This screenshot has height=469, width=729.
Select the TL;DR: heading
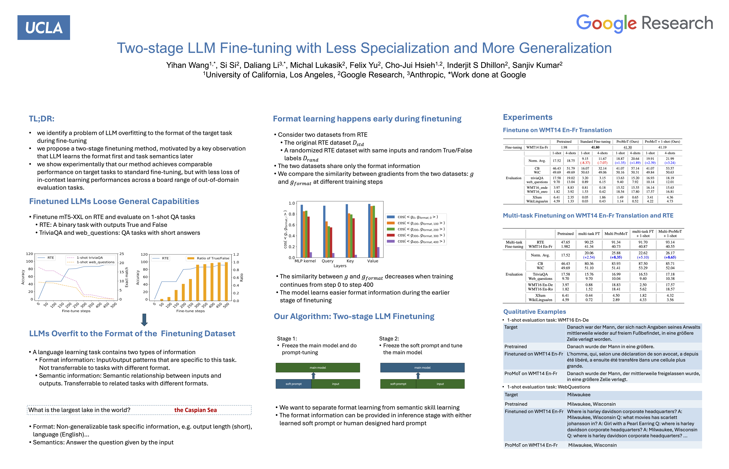click(42, 119)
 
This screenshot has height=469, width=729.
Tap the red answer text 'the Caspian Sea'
click(195, 410)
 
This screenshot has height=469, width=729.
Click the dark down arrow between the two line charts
click(144, 320)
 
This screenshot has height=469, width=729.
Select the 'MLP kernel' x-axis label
click(305, 261)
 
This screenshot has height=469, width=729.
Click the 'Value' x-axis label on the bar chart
click(372, 261)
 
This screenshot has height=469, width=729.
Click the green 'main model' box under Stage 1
click(318, 368)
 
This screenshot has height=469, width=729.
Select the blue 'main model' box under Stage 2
click(422, 368)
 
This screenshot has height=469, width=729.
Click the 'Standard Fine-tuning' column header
click(595, 142)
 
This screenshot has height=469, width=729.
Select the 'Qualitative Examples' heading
click(534, 312)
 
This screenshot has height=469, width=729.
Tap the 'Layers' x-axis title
click(340, 266)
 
